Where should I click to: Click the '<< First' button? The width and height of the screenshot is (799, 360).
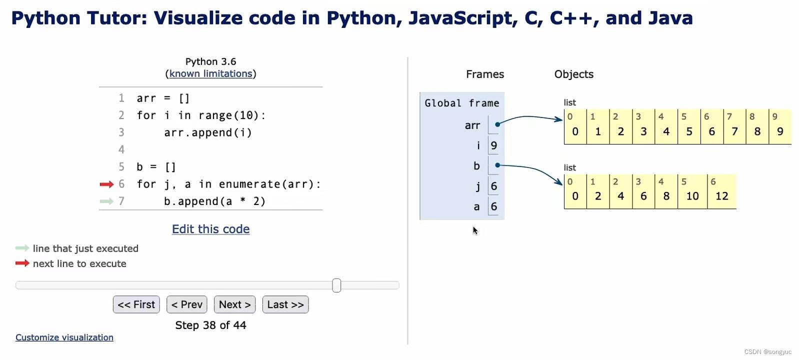[136, 304]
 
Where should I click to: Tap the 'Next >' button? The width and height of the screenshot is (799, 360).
[234, 304]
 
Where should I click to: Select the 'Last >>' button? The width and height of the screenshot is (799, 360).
[285, 304]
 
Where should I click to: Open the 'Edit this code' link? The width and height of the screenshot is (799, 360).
[210, 229]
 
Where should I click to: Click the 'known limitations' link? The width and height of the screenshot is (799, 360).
[210, 73]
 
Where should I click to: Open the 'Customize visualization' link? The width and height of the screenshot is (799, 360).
[64, 337]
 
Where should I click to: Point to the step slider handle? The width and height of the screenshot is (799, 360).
[336, 285]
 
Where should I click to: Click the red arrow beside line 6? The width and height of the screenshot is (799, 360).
[106, 184]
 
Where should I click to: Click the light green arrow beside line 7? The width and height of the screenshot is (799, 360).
[106, 201]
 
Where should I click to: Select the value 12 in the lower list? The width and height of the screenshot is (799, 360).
[721, 196]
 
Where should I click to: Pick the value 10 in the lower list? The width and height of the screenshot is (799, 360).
[692, 196]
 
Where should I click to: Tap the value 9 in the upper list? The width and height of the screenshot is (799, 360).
[780, 131]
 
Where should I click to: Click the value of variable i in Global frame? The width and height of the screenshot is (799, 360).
[494, 145]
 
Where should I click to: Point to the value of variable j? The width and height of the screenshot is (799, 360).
[494, 186]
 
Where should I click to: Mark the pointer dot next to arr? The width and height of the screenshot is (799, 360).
[497, 124]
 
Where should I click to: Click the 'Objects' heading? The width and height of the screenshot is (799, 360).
[573, 74]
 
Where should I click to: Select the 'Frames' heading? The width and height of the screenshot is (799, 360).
[484, 74]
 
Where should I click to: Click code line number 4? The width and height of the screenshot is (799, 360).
[121, 149]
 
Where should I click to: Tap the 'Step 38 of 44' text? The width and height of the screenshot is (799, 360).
[210, 325]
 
